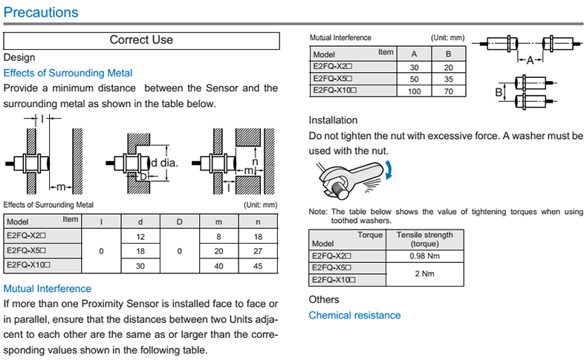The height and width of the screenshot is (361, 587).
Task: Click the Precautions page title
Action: pyautogui.click(x=41, y=13)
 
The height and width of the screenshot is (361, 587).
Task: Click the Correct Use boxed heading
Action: pyautogui.click(x=141, y=40)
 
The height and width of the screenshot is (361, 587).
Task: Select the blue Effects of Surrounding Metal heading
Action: pyautogui.click(x=68, y=73)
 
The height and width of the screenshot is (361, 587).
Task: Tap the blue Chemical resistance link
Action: pyautogui.click(x=354, y=316)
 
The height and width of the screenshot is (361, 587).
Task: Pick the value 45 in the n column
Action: pyautogui.click(x=258, y=265)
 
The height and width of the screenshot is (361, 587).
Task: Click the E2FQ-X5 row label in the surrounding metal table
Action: pyautogui.click(x=30, y=250)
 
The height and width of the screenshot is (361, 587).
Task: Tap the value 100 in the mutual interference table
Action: pyautogui.click(x=415, y=91)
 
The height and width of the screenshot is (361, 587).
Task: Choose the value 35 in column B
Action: pyautogui.click(x=448, y=79)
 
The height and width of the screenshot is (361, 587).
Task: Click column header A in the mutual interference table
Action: pyautogui.click(x=414, y=54)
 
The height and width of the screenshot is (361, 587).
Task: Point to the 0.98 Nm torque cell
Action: pyautogui.click(x=425, y=256)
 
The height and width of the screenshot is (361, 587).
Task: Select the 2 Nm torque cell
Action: pyautogui.click(x=425, y=274)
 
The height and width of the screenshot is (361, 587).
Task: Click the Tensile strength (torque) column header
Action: pyautogui.click(x=424, y=239)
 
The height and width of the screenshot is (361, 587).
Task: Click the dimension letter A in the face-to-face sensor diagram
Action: pyautogui.click(x=530, y=62)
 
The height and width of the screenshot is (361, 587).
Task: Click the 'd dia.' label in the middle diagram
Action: pyautogui.click(x=163, y=163)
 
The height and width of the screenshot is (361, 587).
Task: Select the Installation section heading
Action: pyautogui.click(x=333, y=120)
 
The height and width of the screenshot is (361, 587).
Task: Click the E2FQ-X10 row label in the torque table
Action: pyautogui.click(x=334, y=280)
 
